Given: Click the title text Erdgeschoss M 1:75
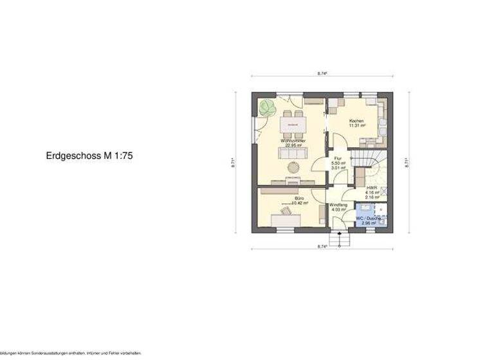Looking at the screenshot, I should click(89, 155).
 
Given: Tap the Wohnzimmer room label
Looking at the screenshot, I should click(293, 140).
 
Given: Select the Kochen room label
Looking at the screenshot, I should click(356, 121).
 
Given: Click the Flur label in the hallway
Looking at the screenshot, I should click(338, 158).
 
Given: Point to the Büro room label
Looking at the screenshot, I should click(299, 198).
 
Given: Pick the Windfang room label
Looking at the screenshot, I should click(339, 204).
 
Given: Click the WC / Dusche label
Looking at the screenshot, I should click(369, 219).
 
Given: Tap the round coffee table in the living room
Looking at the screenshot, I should click(293, 166).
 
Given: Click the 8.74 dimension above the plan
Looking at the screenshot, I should click(322, 75).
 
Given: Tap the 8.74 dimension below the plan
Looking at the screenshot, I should click(322, 246).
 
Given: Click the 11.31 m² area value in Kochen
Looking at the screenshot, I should click(357, 126).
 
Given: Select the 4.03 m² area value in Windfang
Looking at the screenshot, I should click(339, 210).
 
